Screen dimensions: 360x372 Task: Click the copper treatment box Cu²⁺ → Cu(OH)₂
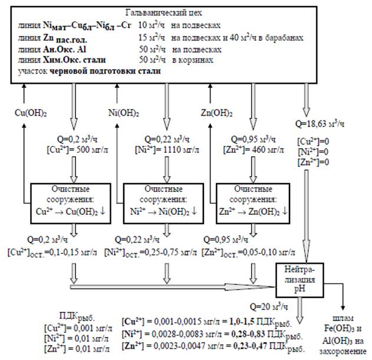click(68, 204)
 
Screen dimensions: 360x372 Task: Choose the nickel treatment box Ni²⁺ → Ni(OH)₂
click(163, 204)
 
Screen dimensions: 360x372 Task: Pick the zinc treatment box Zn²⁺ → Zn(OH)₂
click(254, 204)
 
